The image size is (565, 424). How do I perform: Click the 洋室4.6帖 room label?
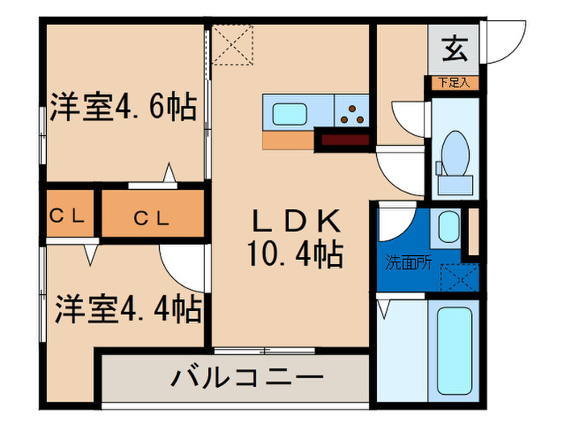click(x=123, y=108)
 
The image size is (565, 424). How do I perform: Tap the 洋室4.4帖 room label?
click(x=128, y=309)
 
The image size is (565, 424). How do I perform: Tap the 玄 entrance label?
click(x=454, y=50)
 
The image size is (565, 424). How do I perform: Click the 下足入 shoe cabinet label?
click(x=454, y=82)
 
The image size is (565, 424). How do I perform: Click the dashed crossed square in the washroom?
click(x=460, y=276)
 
